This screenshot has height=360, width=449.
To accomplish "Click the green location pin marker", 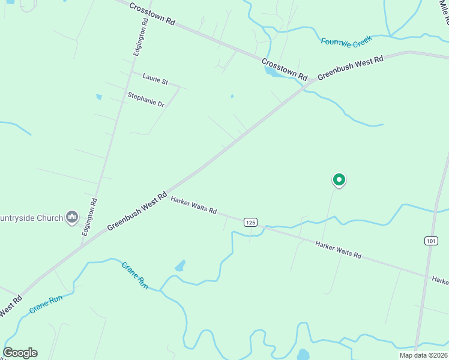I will point(339,179).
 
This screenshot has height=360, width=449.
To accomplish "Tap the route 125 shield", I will point(251,222).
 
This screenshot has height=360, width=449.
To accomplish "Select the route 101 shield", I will point(430,241).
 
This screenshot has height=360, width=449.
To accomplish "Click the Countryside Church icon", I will point(72,217).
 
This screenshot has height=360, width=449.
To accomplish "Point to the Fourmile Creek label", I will point(346,41).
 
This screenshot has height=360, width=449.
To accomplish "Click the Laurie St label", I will point(155,78).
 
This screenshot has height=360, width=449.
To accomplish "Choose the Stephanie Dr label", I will point(146,99).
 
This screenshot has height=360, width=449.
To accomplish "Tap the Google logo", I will point(20,353).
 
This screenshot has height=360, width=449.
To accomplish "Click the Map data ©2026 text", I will point(423,355).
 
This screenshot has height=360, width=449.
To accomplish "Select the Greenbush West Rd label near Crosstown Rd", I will point(350,68).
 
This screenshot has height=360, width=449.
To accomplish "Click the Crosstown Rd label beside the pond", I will point(285,70).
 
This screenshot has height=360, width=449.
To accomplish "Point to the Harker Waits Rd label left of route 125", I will point(193,205).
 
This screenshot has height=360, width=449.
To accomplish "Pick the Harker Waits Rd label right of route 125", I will point(338,249).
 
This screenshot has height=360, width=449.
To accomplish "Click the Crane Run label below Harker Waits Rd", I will point(134,272).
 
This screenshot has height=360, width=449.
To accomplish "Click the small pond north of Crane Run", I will point(179,265).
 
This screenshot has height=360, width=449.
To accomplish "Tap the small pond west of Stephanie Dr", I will point(99,97).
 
